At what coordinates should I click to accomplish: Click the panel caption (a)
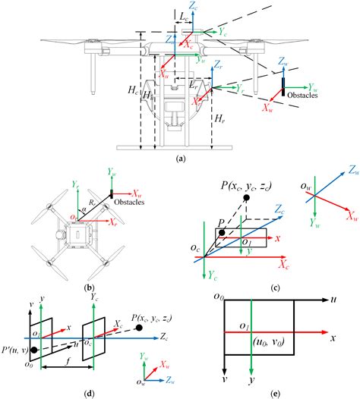tap(179, 159)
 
